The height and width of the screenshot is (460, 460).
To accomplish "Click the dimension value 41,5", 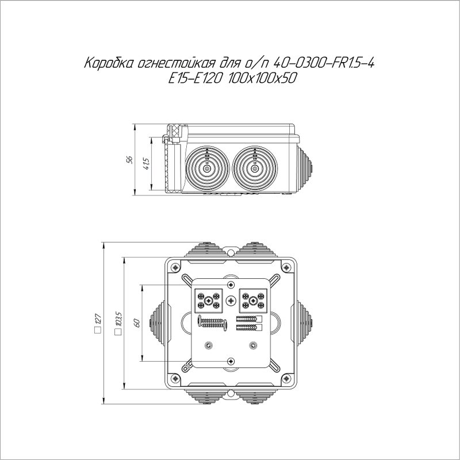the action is click(x=146, y=164).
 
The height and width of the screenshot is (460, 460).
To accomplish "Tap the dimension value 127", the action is click(x=98, y=319).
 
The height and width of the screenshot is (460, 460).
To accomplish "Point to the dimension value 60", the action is click(x=137, y=323).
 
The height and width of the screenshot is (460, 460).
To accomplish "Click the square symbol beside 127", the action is click(x=98, y=330).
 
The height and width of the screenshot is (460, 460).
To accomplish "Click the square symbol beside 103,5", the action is click(x=118, y=332).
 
